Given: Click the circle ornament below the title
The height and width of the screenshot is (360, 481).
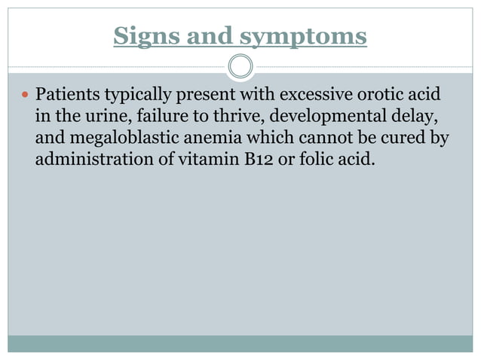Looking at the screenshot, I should click(x=240, y=66).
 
